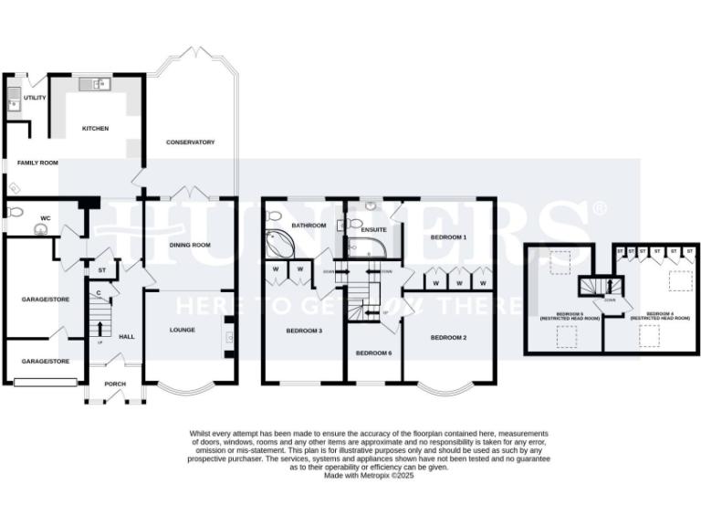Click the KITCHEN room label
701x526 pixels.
(96, 129)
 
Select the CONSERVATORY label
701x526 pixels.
(190, 142)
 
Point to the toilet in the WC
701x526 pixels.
(12, 213)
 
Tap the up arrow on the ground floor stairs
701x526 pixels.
(99, 326)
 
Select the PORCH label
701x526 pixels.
(115, 384)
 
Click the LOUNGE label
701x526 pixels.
(182, 330)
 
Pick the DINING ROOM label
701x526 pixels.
(189, 245)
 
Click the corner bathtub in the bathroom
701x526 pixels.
(279, 245)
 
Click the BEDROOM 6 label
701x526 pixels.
(373, 352)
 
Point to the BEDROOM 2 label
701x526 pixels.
(448, 338)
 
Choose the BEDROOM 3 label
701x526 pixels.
(304, 330)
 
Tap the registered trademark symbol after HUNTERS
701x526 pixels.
(599, 208)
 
